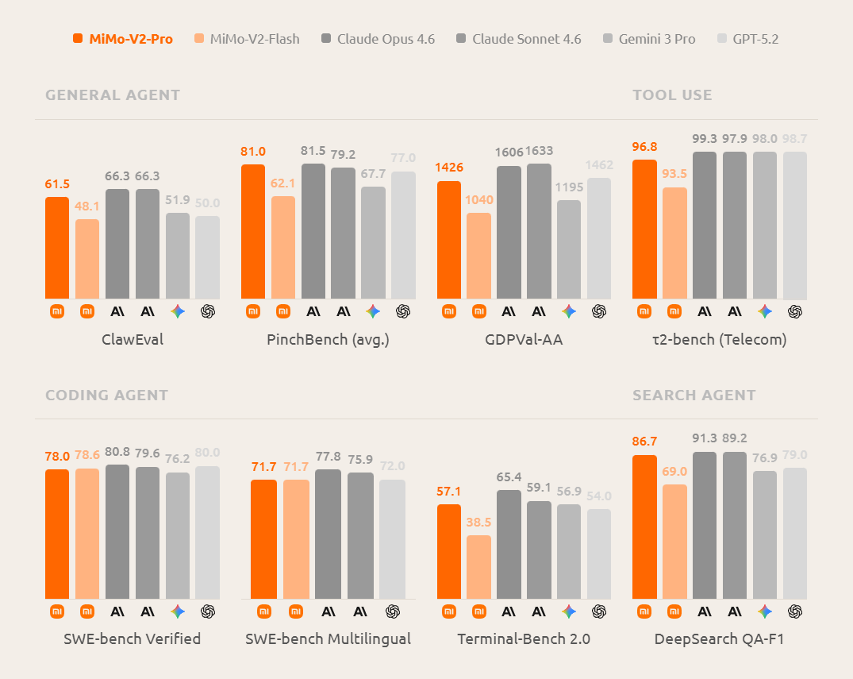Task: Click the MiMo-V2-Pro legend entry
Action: tap(123, 38)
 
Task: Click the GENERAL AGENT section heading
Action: tap(113, 95)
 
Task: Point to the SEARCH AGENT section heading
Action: tap(694, 395)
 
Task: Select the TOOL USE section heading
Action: tap(672, 95)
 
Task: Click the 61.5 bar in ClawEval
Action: tap(57, 247)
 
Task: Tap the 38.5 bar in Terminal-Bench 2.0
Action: tap(478, 566)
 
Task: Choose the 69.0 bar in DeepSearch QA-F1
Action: tap(674, 541)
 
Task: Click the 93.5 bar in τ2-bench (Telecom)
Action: tap(674, 242)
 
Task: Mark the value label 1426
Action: tap(449, 167)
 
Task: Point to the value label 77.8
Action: tap(328, 456)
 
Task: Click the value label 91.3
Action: tap(704, 438)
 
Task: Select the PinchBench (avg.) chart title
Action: tap(328, 340)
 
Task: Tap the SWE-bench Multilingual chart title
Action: tap(328, 638)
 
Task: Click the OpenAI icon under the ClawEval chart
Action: tap(208, 311)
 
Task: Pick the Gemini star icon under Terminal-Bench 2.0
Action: tap(568, 611)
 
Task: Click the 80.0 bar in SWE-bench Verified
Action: tap(207, 532)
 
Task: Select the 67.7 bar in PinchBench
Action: tap(373, 242)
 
